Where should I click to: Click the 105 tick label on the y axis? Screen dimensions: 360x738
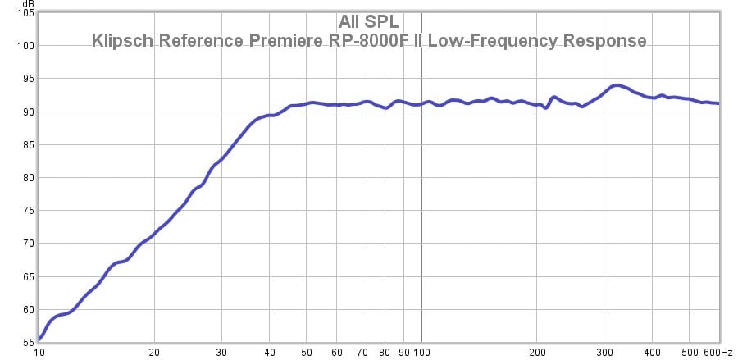25,14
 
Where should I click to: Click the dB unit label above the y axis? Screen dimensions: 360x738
28,5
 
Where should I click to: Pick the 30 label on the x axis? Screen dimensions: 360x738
221,352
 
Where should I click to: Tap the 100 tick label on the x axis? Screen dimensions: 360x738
421,352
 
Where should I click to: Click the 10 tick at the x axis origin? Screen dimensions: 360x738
39,352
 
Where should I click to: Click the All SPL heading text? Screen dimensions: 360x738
368,22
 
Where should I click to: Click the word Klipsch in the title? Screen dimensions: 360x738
122,40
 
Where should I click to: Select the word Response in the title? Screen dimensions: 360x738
609,40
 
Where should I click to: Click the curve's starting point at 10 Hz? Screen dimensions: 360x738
39,339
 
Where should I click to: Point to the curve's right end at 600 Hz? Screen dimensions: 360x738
718,103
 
